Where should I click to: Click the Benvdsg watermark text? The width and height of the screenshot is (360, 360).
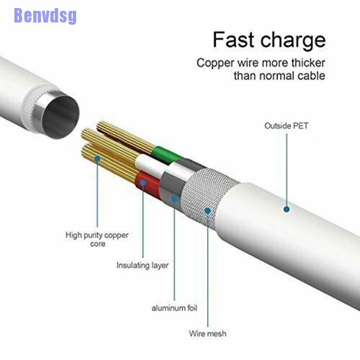point(45,16)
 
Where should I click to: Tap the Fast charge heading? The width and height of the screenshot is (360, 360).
point(269,40)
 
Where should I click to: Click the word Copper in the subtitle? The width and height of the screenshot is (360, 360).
point(216,63)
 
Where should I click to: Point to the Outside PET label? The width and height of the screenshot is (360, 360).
point(286,126)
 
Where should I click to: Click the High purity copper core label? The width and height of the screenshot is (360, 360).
point(97,239)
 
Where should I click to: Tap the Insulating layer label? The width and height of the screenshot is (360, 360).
point(142,265)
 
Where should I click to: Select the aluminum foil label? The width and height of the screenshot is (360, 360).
point(174,308)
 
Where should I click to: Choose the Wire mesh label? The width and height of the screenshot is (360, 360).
point(207,333)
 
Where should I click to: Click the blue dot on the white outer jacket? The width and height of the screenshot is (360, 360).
point(287,209)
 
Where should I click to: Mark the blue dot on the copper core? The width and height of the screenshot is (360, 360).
point(97,159)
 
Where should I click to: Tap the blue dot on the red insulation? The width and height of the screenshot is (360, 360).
point(143,183)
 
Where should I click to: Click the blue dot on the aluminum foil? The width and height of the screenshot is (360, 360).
point(174,198)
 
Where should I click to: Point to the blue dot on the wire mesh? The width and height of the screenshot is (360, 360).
point(207,211)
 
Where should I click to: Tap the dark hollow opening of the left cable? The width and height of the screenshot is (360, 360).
point(61,117)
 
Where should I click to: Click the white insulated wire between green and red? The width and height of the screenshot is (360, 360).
point(152,166)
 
